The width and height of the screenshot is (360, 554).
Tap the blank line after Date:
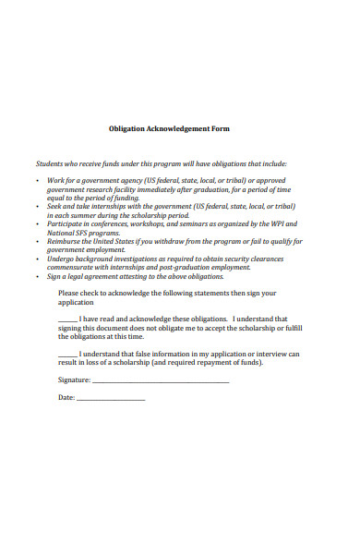click(111, 398)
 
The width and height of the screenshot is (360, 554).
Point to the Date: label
click(66, 397)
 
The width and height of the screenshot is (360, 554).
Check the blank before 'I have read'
click(67, 319)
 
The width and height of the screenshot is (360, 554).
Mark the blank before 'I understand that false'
click(67, 354)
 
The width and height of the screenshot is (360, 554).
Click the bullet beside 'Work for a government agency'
click(37, 180)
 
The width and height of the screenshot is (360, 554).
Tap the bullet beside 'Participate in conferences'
click(37, 223)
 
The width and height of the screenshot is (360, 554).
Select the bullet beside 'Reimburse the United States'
click(37, 241)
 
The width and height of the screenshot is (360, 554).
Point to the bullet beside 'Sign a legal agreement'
click(37, 276)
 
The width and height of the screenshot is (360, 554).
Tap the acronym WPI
click(291, 223)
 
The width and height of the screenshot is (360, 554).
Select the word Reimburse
click(66, 241)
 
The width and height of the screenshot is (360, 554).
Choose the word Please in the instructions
click(69, 293)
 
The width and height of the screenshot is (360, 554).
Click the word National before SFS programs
click(62, 232)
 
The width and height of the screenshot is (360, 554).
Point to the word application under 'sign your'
click(77, 302)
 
